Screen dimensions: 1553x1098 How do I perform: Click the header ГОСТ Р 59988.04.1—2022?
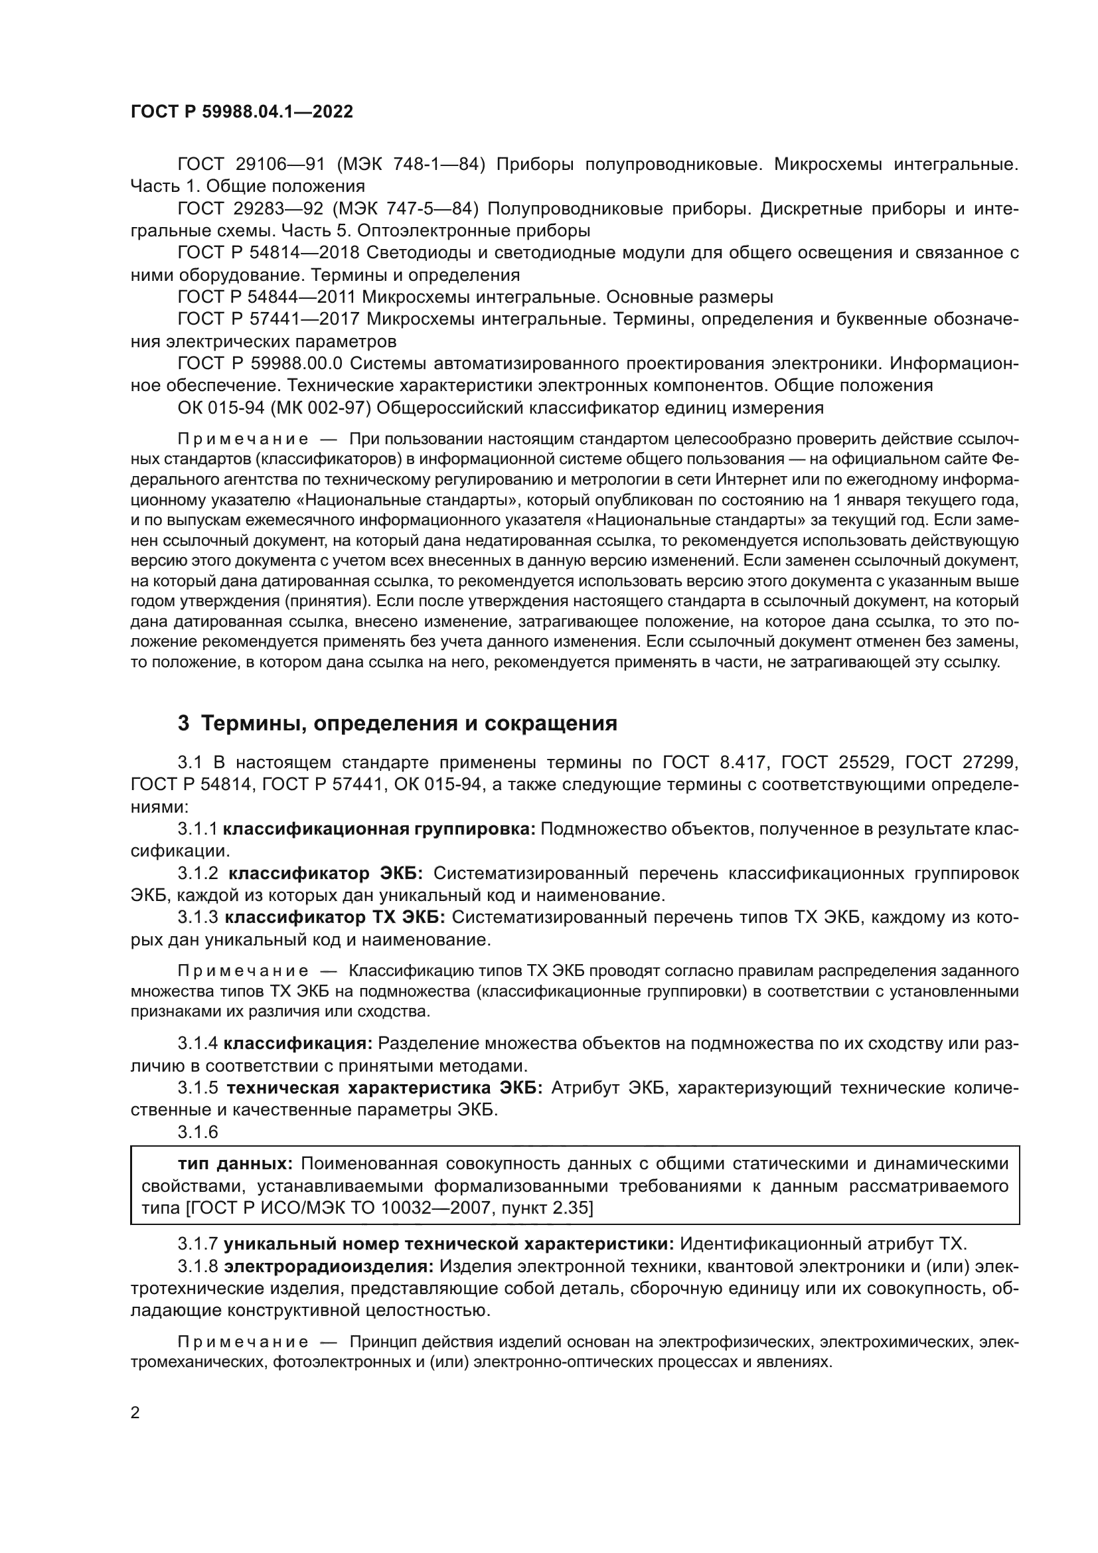pyautogui.click(x=242, y=112)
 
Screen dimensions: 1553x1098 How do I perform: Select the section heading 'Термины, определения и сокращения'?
pyautogui.click(x=409, y=724)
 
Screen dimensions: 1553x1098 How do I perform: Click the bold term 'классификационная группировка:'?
pyautogui.click(x=379, y=829)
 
